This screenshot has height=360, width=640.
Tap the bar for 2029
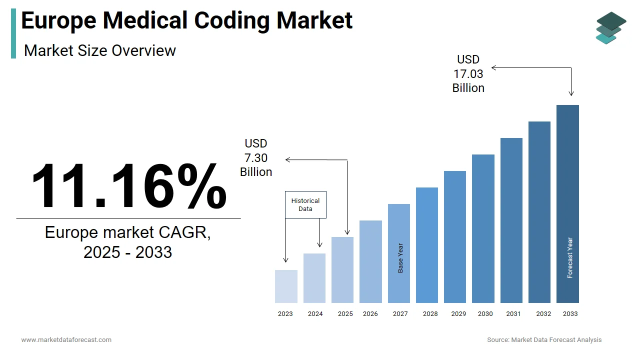[455, 237]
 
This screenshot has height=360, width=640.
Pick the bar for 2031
[511, 220]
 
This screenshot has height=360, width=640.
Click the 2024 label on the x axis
[315, 314]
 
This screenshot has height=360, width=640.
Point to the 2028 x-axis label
[430, 314]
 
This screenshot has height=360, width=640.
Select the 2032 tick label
[543, 314]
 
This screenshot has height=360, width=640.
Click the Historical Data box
[305, 204]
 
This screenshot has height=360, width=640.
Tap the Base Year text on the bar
[400, 258]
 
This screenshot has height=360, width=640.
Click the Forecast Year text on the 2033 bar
[570, 257]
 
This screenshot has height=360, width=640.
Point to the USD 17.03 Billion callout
[468, 74]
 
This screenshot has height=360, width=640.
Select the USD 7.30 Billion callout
[256, 158]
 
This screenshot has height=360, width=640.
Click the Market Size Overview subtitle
[100, 50]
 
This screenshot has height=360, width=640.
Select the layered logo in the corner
[610, 28]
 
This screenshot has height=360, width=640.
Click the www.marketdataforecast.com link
[66, 340]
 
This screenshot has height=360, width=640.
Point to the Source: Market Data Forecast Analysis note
[544, 340]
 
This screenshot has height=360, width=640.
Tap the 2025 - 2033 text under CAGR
[127, 252]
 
